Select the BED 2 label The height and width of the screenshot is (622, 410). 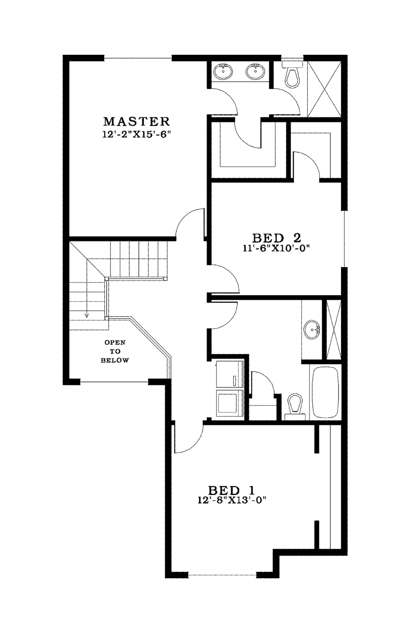(276, 238)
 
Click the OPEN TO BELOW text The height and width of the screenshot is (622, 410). (115, 351)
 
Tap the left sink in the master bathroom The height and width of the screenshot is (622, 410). (223, 71)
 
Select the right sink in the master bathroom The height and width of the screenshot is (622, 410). (255, 71)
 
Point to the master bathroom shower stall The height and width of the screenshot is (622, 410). (324, 89)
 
